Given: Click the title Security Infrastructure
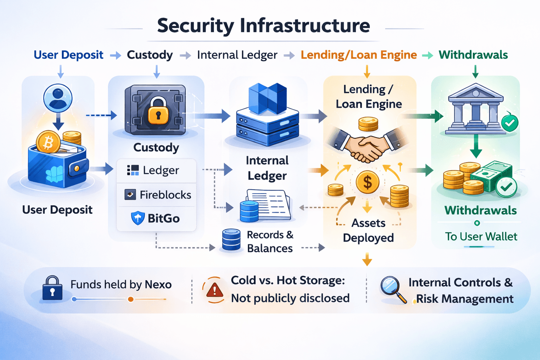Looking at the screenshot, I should coord(263,26).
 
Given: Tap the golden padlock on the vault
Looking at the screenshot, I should coord(158,111).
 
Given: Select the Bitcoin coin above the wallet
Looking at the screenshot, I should coord(48,142).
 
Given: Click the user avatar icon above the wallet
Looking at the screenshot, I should coord(58,97).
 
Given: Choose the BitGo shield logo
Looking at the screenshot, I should coord(137,218).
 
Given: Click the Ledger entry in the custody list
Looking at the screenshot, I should coord(153,171).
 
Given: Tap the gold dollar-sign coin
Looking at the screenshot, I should coord(367,182).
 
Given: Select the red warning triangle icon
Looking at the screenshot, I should coord(214,290).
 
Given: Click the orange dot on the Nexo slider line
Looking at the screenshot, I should coord(130,299).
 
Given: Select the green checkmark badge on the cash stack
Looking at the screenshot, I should coord(506,187).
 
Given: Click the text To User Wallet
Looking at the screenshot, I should coord(481,237).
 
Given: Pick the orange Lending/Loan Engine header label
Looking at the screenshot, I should coord(359,55).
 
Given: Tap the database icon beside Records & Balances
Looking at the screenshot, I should coord(231,240).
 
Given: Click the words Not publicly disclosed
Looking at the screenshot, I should coord(290,298).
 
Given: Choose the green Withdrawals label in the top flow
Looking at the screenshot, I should coord(473,55).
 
